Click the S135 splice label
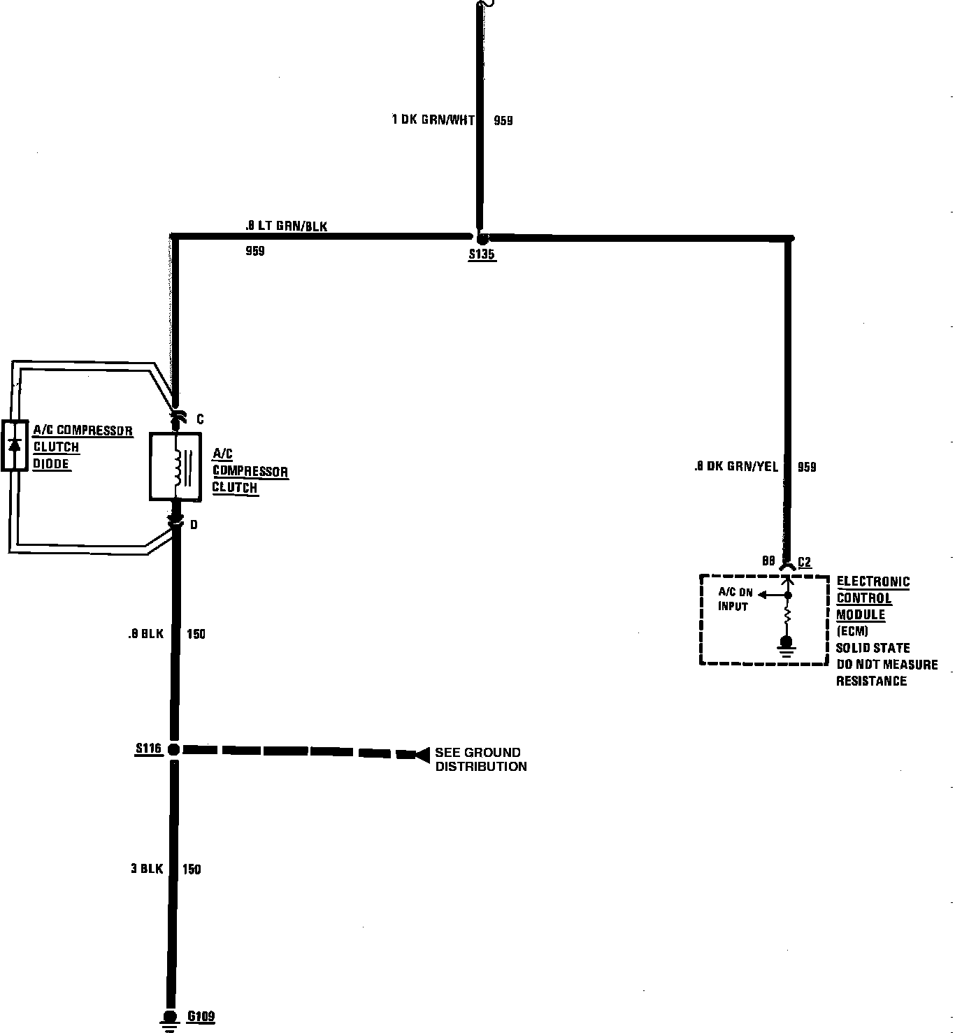[x=482, y=255]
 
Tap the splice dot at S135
[x=481, y=238]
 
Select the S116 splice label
[x=148, y=749]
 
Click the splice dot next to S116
[x=174, y=749]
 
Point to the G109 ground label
[x=201, y=1016]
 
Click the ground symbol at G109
[x=169, y=1020]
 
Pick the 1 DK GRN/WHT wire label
[x=432, y=120]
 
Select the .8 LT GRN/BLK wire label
[x=285, y=226]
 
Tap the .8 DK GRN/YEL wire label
[x=735, y=467]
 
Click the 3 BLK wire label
[x=146, y=869]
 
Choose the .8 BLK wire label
[x=145, y=634]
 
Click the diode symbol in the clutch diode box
[x=14, y=445]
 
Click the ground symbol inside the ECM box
[x=787, y=646]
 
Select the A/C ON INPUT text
[x=735, y=600]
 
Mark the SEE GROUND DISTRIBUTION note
[x=480, y=759]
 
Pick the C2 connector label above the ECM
[x=804, y=562]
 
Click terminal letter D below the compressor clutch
[x=194, y=524]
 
